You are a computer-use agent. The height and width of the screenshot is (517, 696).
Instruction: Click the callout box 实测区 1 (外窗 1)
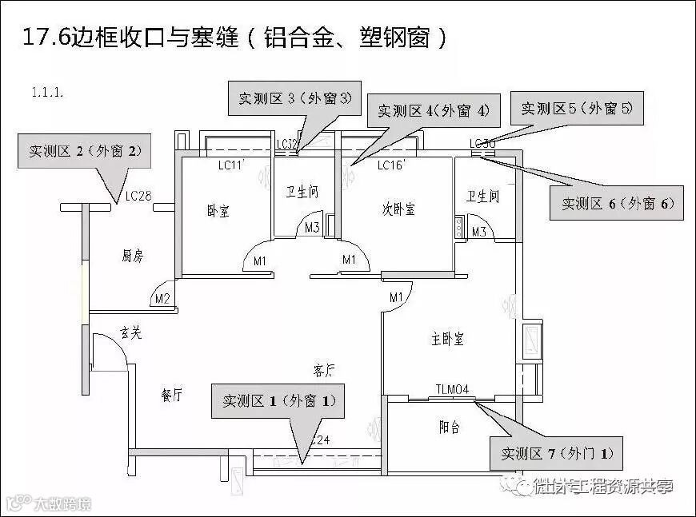(278, 400)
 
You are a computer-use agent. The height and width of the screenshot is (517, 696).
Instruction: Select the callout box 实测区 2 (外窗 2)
(85, 150)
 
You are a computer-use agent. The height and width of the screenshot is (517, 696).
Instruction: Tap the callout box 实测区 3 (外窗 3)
(295, 99)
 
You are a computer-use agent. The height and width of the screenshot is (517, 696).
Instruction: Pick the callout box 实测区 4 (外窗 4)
(433, 111)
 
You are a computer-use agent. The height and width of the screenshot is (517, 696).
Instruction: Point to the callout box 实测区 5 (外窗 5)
(576, 108)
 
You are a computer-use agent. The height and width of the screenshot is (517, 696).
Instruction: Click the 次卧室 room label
(398, 209)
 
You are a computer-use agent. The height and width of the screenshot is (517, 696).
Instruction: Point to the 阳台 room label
(450, 428)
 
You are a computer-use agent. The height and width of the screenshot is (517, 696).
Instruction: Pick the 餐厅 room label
(171, 396)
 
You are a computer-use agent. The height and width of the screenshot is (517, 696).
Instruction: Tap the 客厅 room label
(323, 370)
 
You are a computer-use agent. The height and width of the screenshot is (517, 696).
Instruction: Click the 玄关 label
(131, 332)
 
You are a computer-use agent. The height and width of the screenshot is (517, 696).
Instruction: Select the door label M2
(162, 300)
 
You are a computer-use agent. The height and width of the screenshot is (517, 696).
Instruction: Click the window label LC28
(138, 196)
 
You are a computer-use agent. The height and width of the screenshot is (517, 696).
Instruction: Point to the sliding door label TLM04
(452, 390)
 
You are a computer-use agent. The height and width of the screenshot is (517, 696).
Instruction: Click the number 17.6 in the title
(47, 38)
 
